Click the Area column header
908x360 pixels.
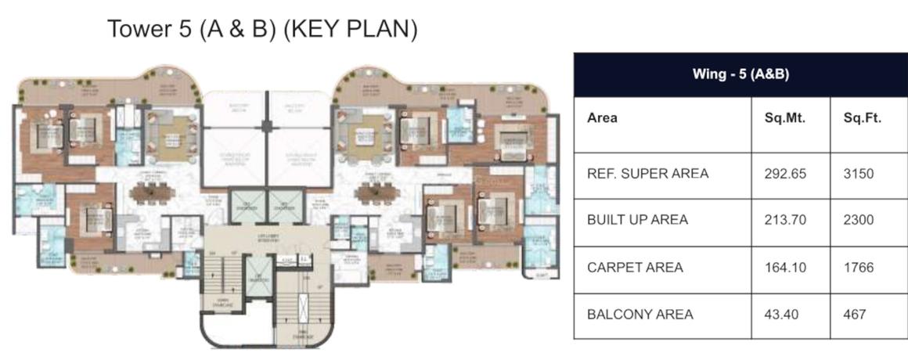[x=602, y=119]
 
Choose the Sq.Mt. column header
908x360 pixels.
[x=784, y=119]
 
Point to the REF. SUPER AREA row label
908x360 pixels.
[x=647, y=174]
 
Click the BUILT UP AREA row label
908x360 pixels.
[x=637, y=220]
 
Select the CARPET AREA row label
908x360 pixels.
[x=635, y=267]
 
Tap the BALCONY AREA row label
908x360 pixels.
[x=640, y=314]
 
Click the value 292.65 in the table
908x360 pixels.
[x=784, y=174]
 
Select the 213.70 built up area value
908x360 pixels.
[x=784, y=220]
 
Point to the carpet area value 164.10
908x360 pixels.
[x=784, y=267]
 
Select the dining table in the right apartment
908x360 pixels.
[x=375, y=192]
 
